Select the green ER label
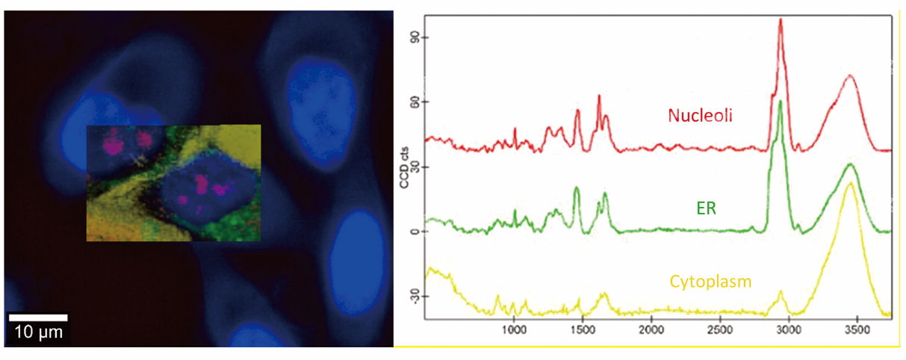pos(706,208)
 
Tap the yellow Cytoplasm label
pos(710,282)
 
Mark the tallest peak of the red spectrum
pos(780,20)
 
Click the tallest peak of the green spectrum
pos(780,102)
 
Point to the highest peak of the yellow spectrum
pos(850,183)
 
